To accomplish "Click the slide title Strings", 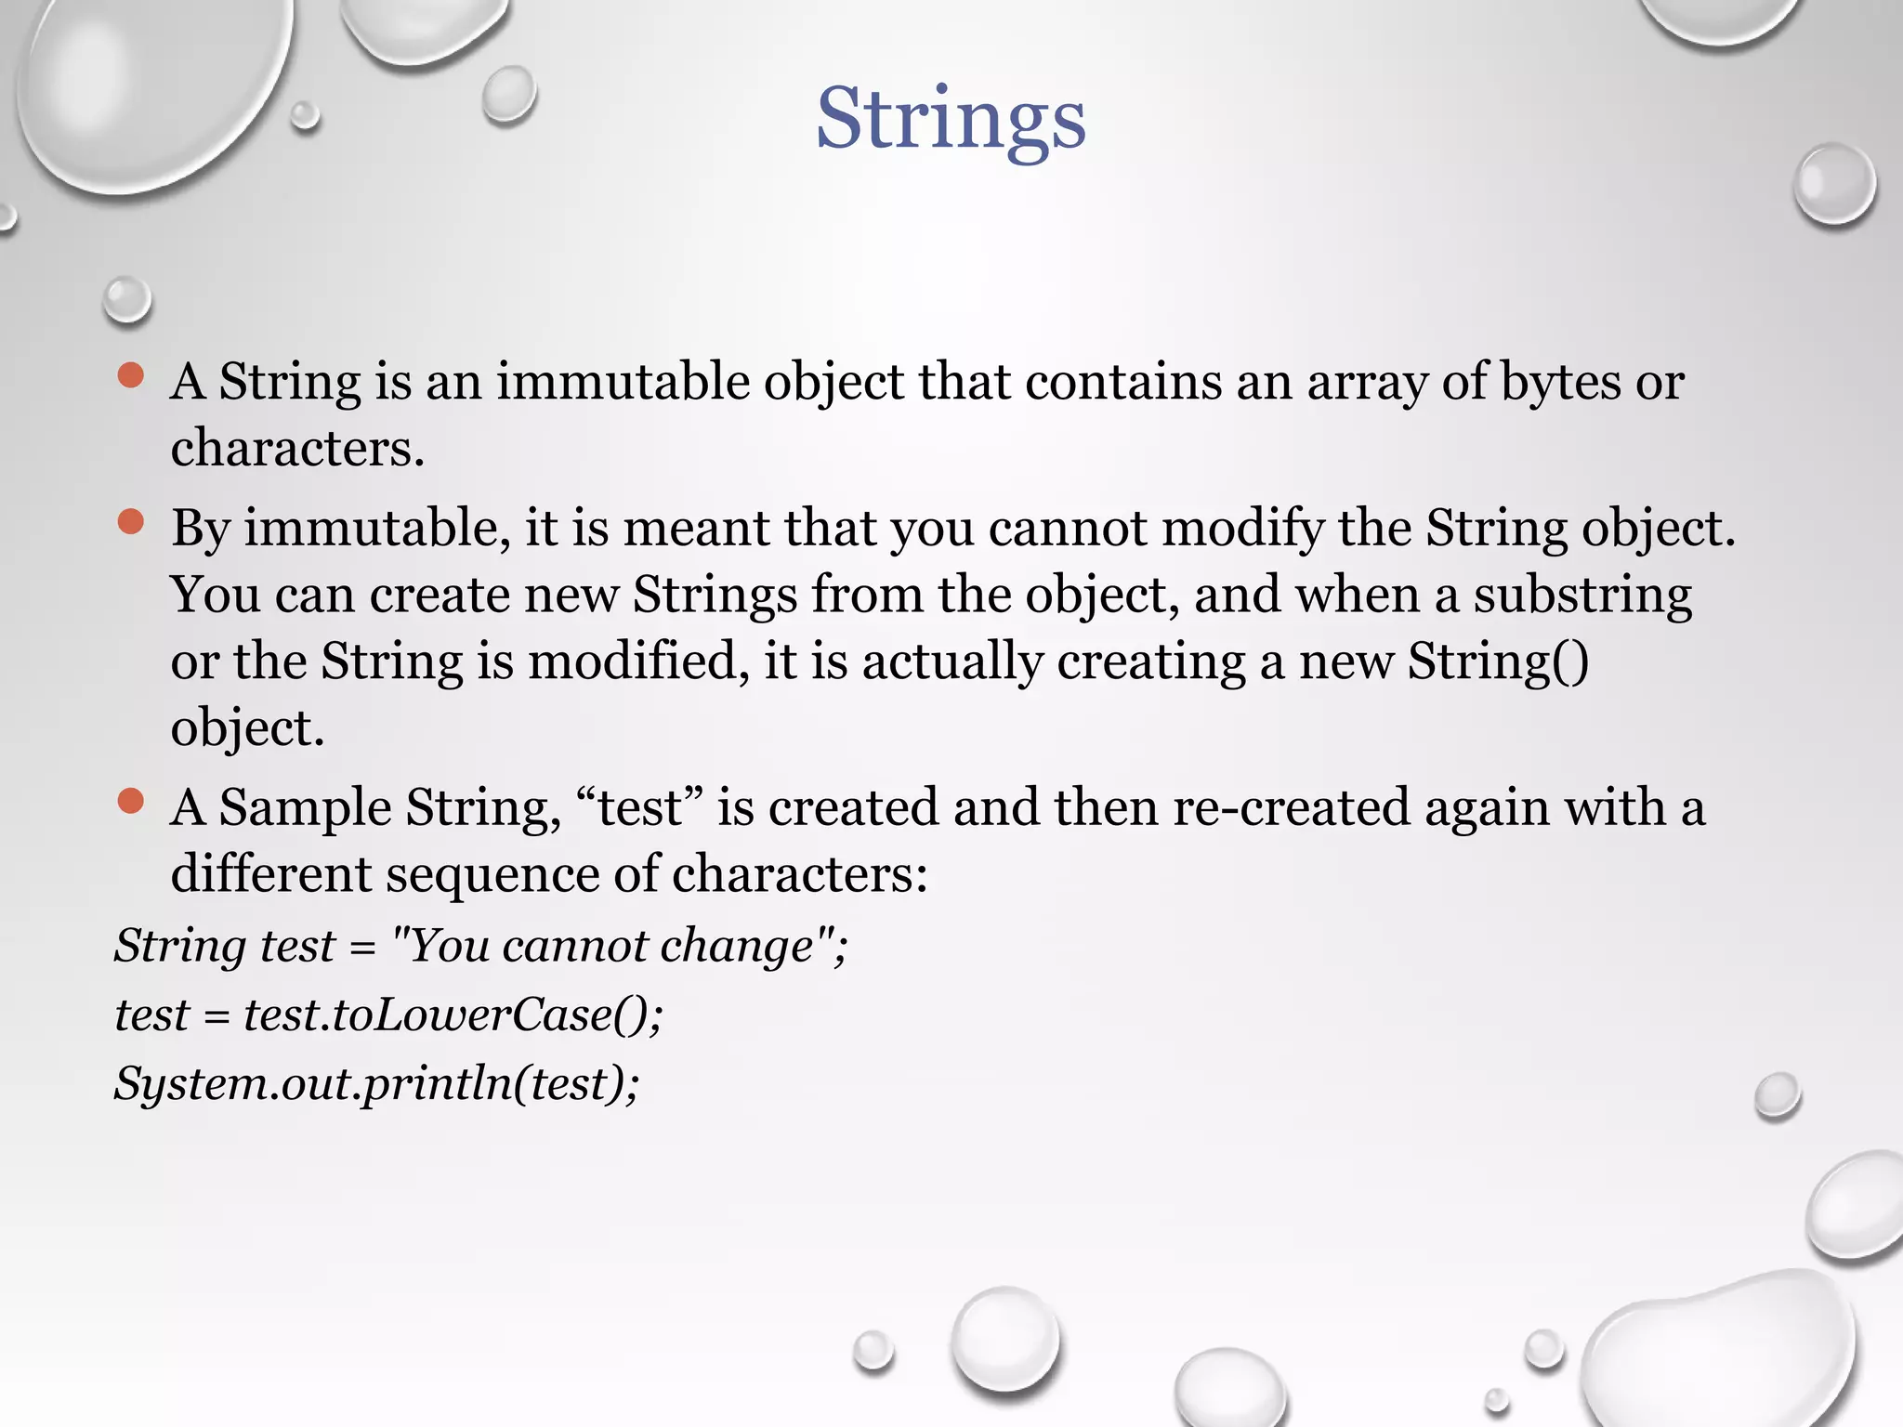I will tap(951, 119).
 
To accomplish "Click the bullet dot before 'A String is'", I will tap(131, 375).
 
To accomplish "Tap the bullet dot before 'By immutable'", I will tap(131, 522).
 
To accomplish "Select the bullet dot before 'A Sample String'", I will tap(131, 801).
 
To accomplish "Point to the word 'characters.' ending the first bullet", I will tap(297, 449).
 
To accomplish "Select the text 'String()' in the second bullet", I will tap(1498, 662).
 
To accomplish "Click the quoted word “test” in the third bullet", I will tap(639, 807).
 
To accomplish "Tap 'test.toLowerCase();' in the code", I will tap(453, 1015).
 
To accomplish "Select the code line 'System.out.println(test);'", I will tap(377, 1083).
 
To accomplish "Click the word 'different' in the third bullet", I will tap(270, 874).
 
